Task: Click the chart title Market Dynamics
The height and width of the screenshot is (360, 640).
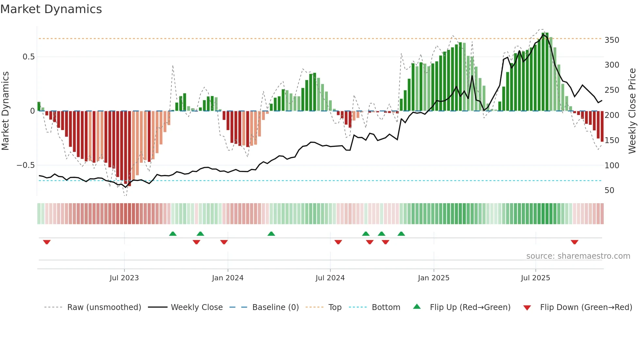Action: (x=51, y=9)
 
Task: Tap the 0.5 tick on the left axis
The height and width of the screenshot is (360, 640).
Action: (x=28, y=57)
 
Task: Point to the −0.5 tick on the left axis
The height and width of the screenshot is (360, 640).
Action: (x=25, y=165)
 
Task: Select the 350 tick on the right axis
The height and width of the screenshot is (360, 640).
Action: (x=612, y=40)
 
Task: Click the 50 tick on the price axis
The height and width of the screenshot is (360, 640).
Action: (x=609, y=190)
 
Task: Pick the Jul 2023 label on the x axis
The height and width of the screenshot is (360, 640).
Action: (x=124, y=278)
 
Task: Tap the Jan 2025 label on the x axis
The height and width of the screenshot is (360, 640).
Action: (x=433, y=278)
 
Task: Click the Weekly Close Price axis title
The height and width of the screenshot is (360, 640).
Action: (x=632, y=111)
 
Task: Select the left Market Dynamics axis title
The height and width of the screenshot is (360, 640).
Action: (x=5, y=111)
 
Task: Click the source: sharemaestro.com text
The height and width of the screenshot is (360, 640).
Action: (x=578, y=256)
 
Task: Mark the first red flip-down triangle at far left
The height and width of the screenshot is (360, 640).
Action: (x=47, y=242)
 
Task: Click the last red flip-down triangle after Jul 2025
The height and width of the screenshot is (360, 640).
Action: (x=574, y=242)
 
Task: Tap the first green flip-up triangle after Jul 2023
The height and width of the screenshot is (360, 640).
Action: (x=173, y=234)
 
